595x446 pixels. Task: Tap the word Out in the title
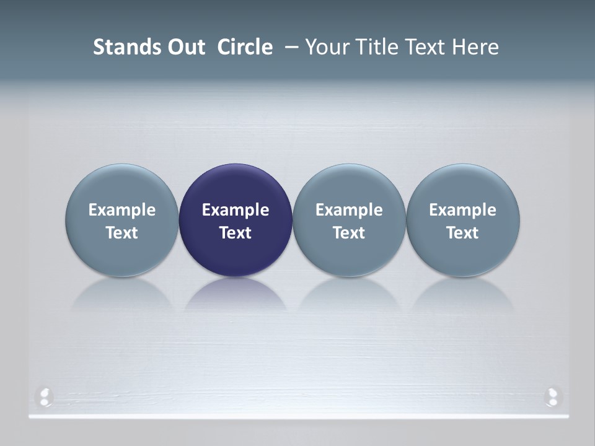tap(185, 47)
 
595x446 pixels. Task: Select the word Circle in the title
tap(245, 47)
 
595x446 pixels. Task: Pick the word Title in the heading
tap(379, 47)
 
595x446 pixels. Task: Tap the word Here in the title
tap(477, 47)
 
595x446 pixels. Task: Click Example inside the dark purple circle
tap(236, 210)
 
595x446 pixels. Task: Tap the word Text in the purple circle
tap(236, 233)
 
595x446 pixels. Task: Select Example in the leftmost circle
tap(122, 210)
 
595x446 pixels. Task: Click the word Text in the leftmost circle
tap(122, 233)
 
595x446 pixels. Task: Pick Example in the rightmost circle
tap(462, 210)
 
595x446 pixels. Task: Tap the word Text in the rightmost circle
tap(462, 233)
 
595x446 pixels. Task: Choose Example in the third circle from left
tap(349, 210)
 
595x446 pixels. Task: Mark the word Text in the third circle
tap(349, 233)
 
